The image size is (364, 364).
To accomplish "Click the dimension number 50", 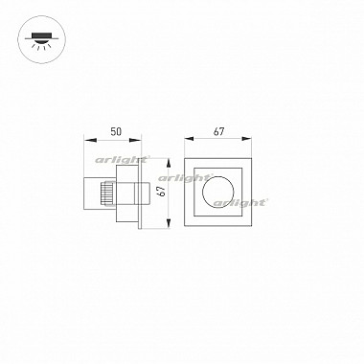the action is pos(116,131).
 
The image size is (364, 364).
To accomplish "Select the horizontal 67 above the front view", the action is pos(218,131).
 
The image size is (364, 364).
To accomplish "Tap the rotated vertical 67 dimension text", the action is pos(162,192).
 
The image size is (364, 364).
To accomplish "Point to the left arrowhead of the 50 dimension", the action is pos(90,140).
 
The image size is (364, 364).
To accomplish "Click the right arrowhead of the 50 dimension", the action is pos(135,140).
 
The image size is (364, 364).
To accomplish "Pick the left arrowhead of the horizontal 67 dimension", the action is pos(191,139).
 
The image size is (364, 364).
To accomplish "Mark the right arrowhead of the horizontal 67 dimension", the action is pos(245,139).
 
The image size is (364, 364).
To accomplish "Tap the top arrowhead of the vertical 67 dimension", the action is pos(169,165).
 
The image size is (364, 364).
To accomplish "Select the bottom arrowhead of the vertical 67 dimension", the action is pos(169,222).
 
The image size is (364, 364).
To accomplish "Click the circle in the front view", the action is pos(217,176).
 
